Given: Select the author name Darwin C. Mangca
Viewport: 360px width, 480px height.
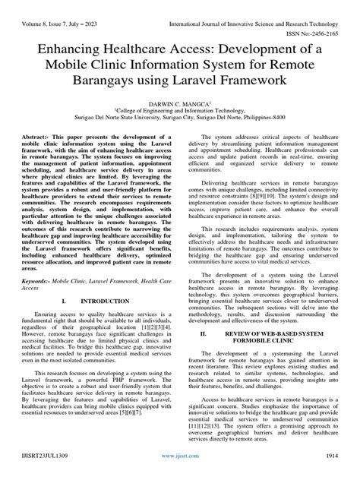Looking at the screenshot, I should tap(179, 102).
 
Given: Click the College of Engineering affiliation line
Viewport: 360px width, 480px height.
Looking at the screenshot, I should tap(180, 111).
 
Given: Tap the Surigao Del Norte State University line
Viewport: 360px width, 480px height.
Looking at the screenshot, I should tap(180, 119).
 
